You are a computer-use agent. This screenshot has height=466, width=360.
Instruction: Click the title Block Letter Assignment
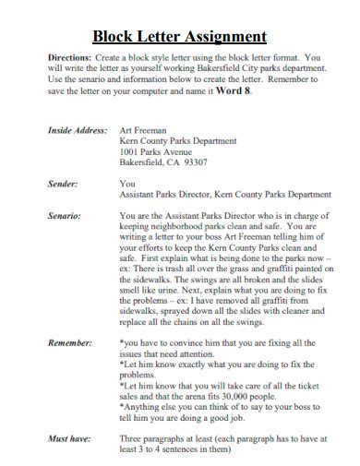pyautogui.click(x=180, y=37)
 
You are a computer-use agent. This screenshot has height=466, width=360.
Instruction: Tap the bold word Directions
pyautogui.click(x=68, y=57)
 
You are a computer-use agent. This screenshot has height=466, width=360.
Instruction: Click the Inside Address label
pyautogui.click(x=78, y=131)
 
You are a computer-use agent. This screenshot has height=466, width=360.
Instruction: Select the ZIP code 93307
pyautogui.click(x=196, y=161)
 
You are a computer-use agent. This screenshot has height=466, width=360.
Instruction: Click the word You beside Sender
pyautogui.click(x=127, y=185)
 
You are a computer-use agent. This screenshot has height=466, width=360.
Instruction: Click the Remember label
pyautogui.click(x=69, y=342)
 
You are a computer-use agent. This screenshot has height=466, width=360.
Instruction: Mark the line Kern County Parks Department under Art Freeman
pyautogui.click(x=177, y=141)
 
